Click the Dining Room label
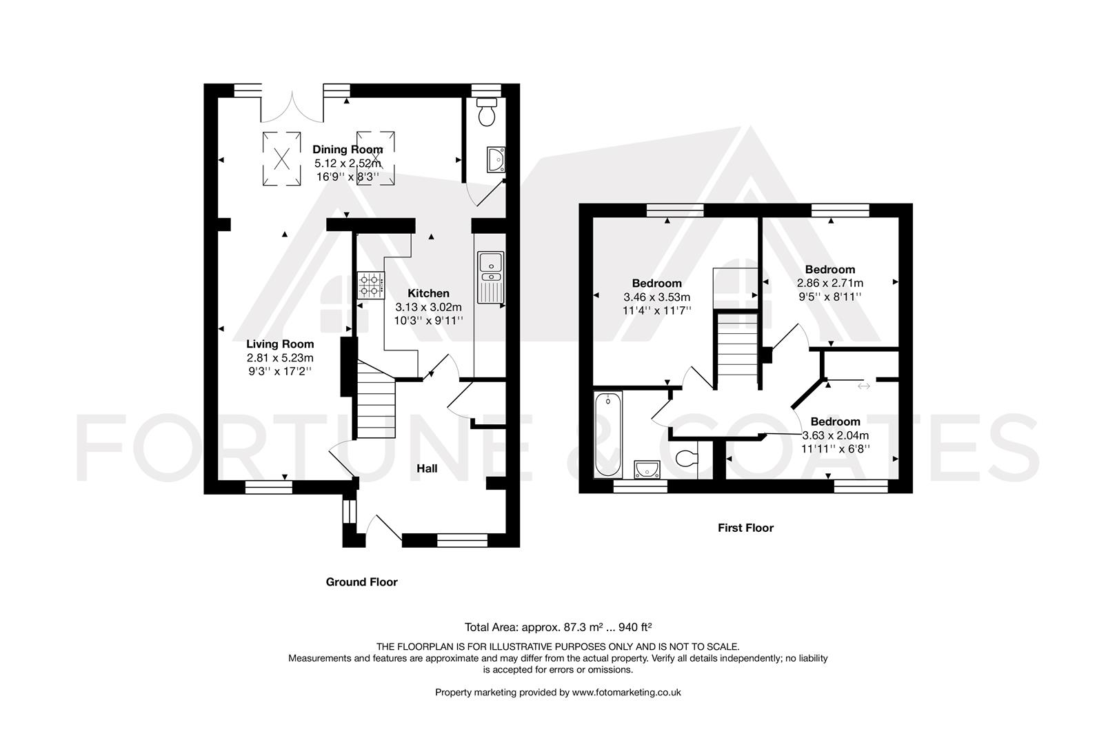[x=348, y=150]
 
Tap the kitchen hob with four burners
[x=370, y=286]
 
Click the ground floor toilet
[x=487, y=113]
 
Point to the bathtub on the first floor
[x=608, y=435]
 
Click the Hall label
[x=427, y=468]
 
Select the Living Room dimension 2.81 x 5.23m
[x=280, y=358]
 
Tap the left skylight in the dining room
[x=281, y=159]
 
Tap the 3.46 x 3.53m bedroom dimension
[x=656, y=297]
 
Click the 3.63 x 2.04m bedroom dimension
[x=835, y=435]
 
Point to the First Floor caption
[x=745, y=528]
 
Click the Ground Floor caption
[x=361, y=582]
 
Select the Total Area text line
[x=558, y=627]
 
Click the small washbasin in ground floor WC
[x=495, y=160]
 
